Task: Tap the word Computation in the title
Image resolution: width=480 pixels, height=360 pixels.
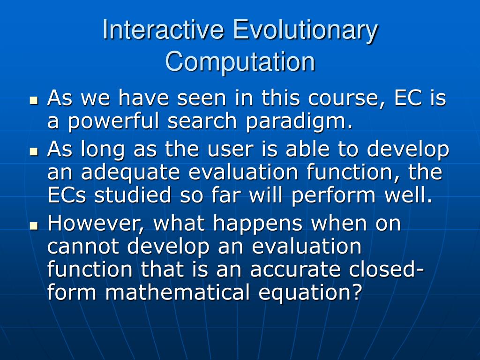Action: pos(240,62)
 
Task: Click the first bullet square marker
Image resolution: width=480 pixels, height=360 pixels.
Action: pos(33,100)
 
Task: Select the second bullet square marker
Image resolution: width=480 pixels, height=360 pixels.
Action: pos(33,152)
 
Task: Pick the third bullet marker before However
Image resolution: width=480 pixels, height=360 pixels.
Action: pos(33,225)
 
